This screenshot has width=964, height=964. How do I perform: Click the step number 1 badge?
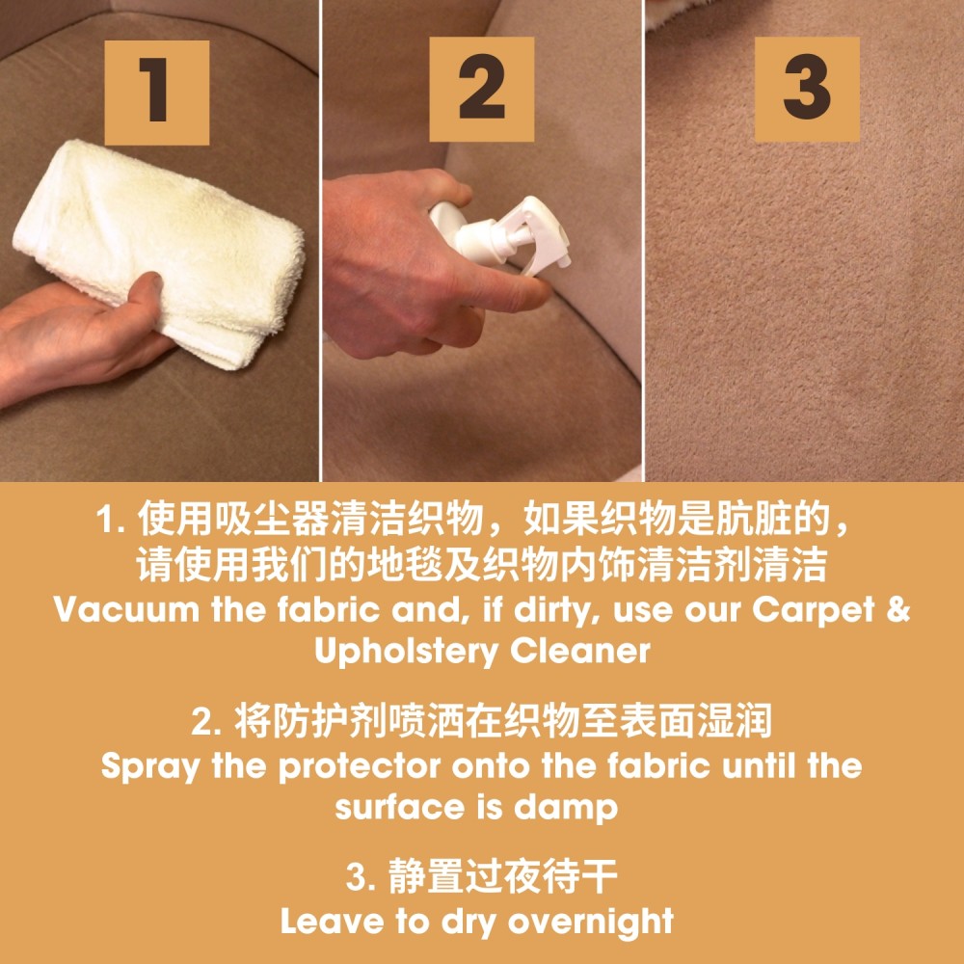click(x=157, y=93)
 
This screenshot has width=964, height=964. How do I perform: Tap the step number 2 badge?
click(x=481, y=89)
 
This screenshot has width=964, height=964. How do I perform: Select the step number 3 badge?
click(x=807, y=89)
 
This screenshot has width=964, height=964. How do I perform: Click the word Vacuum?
click(x=126, y=609)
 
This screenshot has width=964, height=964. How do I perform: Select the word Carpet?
click(x=813, y=610)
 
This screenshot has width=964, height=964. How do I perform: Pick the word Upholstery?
click(x=406, y=652)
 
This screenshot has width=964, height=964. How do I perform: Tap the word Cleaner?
click(x=579, y=651)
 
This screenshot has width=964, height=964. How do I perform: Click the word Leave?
click(x=332, y=921)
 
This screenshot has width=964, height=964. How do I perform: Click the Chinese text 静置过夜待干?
click(x=502, y=877)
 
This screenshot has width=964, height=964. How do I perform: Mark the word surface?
click(x=398, y=807)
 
